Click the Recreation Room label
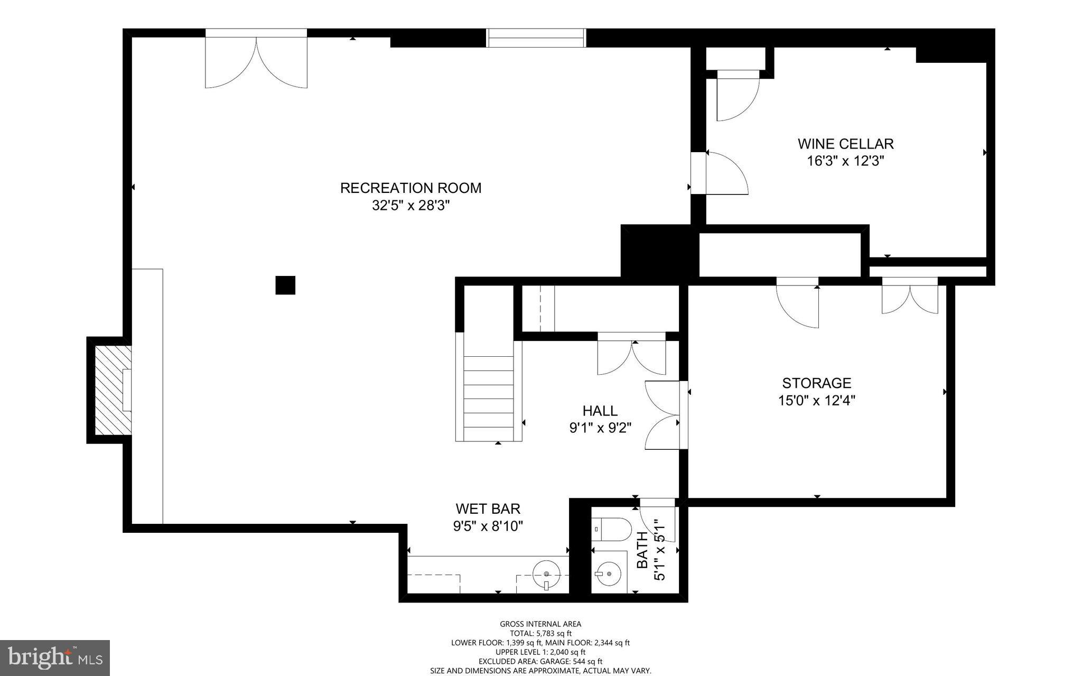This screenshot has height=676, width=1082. click(411, 188)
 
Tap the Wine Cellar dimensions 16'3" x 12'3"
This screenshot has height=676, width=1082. click(845, 161)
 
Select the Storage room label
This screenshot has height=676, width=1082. click(816, 383)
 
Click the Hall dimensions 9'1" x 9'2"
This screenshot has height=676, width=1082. click(600, 428)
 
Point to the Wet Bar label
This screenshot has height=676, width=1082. click(488, 508)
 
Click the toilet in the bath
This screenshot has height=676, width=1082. click(613, 528)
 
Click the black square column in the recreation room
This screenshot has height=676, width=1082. click(285, 285)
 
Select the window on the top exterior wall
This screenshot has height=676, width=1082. click(536, 38)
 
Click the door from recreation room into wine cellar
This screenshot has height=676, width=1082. click(721, 173)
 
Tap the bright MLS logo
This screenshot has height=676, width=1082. click(54, 658)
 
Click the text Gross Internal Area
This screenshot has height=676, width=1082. click(540, 624)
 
